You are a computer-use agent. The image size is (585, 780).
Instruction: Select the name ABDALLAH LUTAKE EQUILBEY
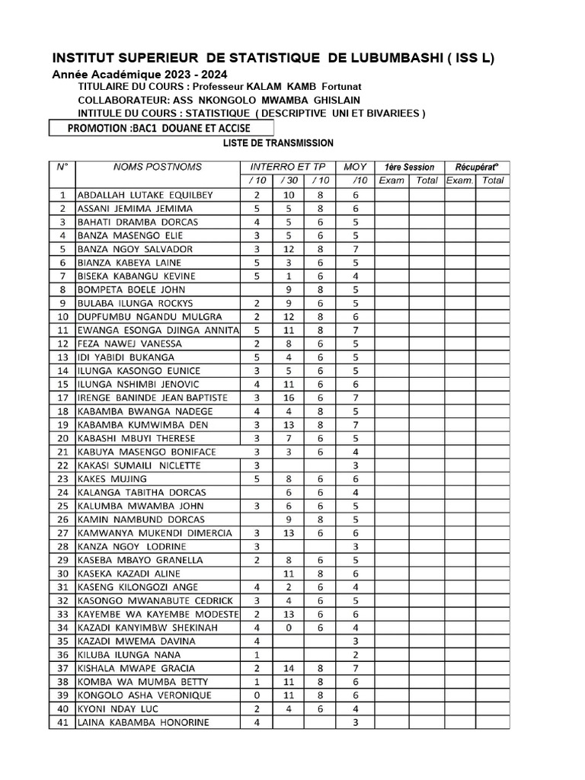(145, 194)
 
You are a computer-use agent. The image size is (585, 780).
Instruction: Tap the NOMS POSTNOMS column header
(158, 167)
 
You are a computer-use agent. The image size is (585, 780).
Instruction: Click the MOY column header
(355, 167)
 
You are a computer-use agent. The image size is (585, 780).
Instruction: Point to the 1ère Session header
(409, 167)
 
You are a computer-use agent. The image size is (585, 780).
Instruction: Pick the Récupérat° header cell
(476, 167)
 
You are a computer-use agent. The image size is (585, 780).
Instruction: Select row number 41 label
(63, 722)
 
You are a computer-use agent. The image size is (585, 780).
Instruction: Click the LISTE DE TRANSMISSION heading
(278, 143)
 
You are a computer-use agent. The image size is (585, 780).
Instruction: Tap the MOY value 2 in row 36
(355, 654)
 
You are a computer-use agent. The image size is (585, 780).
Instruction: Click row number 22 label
(63, 465)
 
